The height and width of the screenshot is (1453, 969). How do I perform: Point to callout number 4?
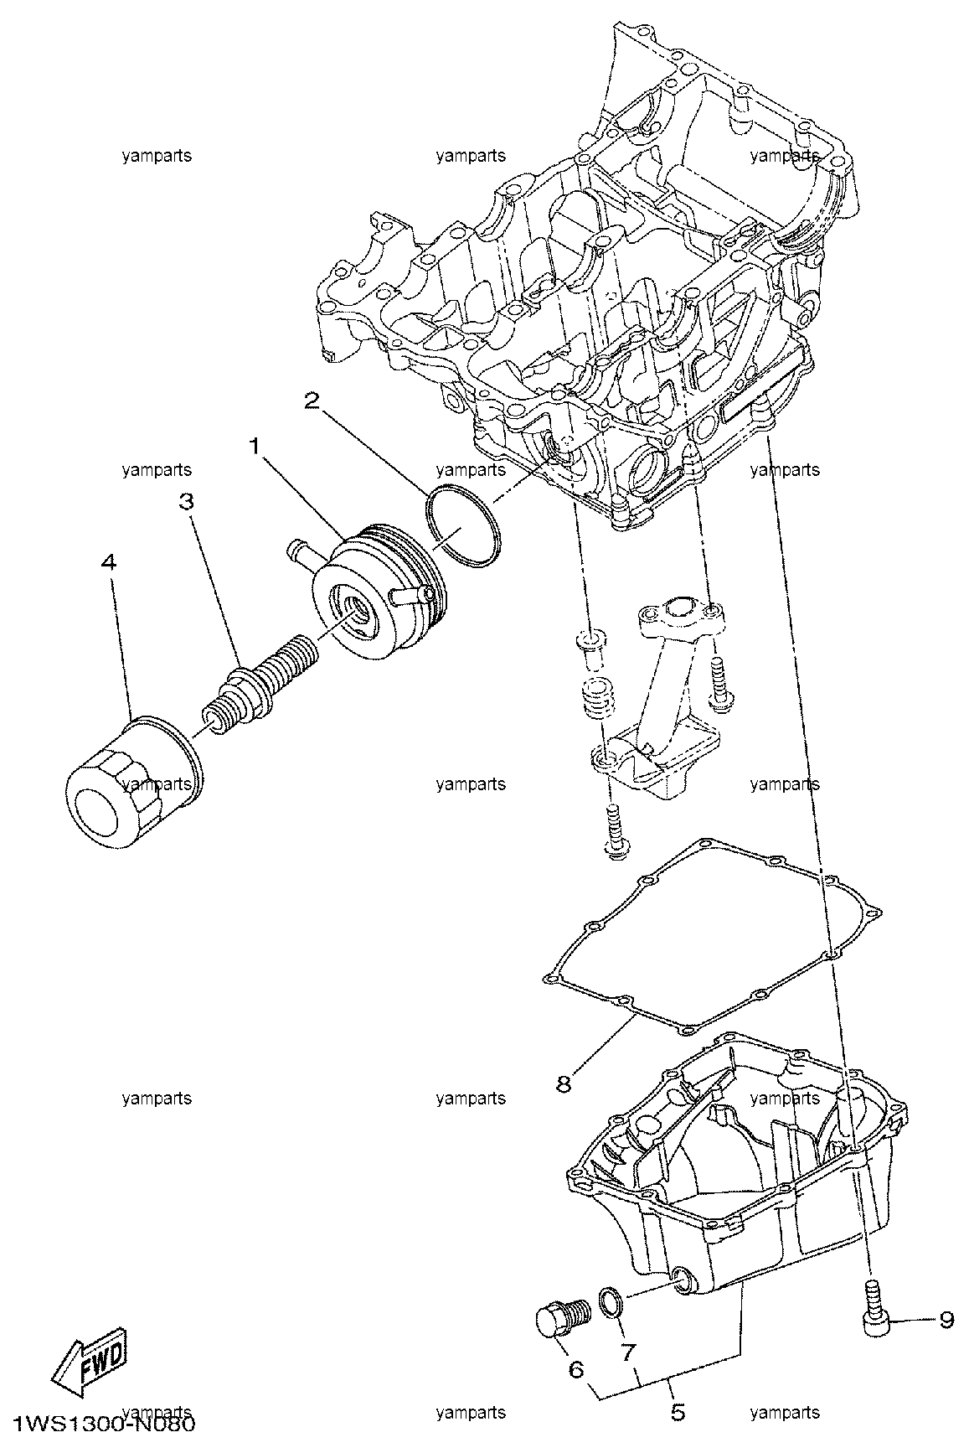(108, 561)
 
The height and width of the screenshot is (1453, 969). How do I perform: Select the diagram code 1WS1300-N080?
(102, 1424)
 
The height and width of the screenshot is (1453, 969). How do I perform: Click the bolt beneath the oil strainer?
(616, 830)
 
